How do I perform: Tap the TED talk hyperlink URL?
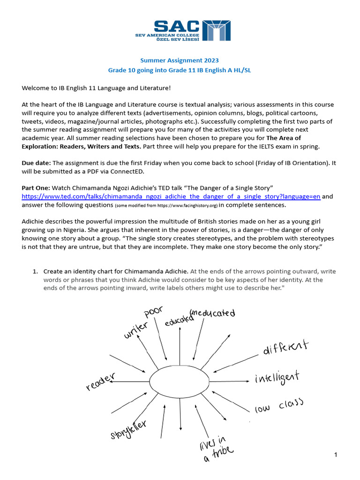(x=171, y=196)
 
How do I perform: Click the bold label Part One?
(x=37, y=187)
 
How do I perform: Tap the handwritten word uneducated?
(x=212, y=313)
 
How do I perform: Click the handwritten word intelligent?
(x=277, y=377)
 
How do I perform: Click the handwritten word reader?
(x=100, y=381)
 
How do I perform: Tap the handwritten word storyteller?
(x=129, y=429)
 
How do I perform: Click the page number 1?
(x=336, y=455)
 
